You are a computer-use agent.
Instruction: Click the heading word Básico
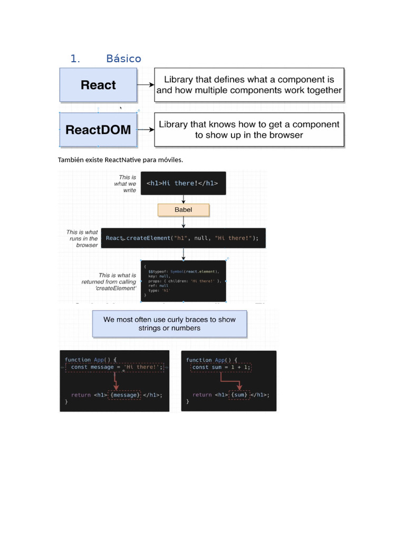click(123, 59)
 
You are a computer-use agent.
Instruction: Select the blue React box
click(98, 85)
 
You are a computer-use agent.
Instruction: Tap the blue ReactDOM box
click(98, 130)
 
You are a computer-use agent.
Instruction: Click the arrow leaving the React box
click(146, 84)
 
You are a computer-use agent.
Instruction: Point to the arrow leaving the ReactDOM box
click(146, 129)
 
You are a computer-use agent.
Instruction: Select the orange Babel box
click(184, 210)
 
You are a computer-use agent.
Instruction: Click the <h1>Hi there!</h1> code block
click(182, 183)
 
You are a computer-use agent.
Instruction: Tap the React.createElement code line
click(182, 238)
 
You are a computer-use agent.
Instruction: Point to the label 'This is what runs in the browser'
click(82, 238)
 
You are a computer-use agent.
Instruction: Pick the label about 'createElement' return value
click(109, 282)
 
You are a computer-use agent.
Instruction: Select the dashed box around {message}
click(124, 395)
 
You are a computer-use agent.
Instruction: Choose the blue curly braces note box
click(169, 324)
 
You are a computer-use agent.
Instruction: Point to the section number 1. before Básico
click(75, 59)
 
